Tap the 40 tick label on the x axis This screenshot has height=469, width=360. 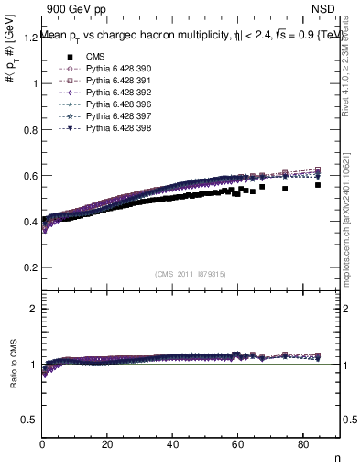[x=172, y=445]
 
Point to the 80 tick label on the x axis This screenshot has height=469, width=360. [x=302, y=445]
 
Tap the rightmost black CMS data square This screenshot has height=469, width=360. [x=318, y=185]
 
